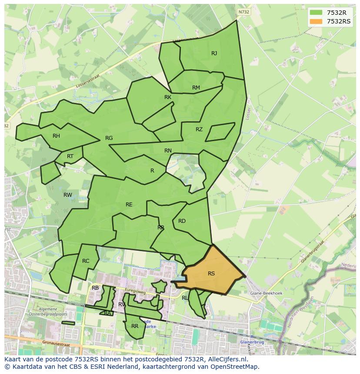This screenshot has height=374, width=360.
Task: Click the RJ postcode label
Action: (214, 53)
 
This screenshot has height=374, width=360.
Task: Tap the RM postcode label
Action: (196, 88)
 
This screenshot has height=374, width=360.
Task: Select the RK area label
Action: (168, 97)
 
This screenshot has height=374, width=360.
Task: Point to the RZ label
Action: (199, 129)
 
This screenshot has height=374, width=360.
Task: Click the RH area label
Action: (56, 136)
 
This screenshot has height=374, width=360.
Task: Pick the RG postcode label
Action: (109, 138)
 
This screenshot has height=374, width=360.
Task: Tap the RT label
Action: (70, 156)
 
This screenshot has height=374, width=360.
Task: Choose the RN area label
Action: (168, 151)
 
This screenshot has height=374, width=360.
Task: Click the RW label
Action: (68, 195)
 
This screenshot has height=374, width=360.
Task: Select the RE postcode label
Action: (129, 205)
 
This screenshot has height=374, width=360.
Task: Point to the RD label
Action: (182, 221)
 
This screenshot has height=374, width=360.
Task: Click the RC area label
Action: (86, 261)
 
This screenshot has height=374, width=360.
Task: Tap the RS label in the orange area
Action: (211, 274)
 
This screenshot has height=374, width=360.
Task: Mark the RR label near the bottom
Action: (135, 326)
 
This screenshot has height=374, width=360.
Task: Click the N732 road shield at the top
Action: (243, 12)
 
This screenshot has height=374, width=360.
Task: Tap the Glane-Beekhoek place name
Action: (266, 293)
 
